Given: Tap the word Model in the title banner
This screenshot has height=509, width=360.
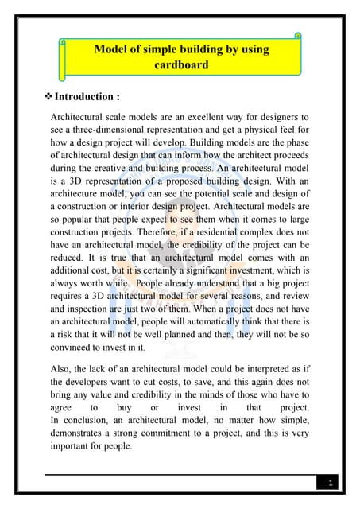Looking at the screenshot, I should [112, 49].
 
